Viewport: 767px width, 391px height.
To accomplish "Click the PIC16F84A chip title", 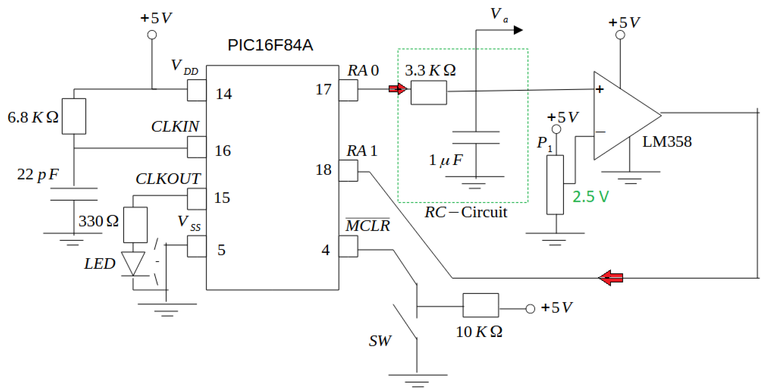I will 270,45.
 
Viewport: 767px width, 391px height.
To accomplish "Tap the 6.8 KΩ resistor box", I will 74,116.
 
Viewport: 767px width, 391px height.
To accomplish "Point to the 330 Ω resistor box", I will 135,225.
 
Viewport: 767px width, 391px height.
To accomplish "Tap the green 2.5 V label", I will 591,197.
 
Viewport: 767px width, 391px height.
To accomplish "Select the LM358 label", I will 667,142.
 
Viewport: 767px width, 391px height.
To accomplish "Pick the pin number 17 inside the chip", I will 323,89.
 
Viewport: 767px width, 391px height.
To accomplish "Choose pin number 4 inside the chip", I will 326,250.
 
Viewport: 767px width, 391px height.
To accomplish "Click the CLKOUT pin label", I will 168,179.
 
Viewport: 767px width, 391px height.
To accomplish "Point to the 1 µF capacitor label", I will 445,160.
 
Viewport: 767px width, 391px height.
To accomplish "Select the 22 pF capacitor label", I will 38,174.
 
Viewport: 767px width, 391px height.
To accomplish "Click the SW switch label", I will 380,341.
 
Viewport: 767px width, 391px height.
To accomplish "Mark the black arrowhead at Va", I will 518,30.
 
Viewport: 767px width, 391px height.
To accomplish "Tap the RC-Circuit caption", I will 465,212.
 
